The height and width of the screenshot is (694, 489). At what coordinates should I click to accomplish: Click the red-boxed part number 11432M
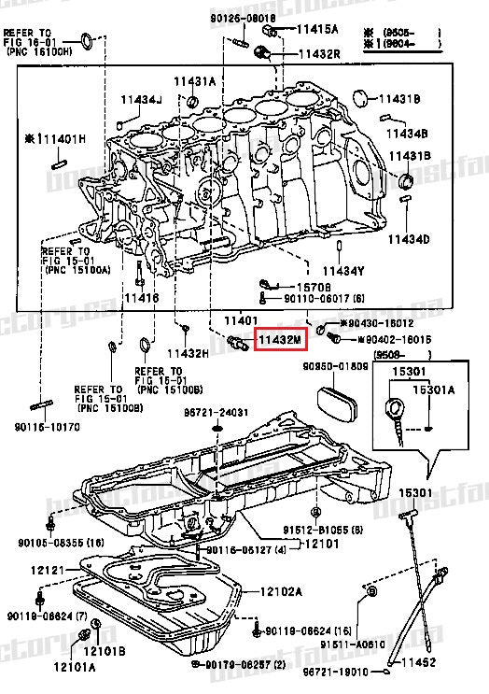(281, 341)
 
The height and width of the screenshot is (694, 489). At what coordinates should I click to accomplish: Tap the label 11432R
(319, 54)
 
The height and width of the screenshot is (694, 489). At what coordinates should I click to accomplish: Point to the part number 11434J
(140, 99)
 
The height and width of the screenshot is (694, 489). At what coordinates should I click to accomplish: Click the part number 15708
(313, 286)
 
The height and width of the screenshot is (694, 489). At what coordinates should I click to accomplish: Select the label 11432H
(188, 354)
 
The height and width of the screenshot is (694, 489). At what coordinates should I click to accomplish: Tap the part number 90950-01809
(335, 365)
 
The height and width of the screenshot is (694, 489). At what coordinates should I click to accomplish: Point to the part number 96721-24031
(216, 412)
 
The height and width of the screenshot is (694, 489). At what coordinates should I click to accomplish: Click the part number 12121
(46, 569)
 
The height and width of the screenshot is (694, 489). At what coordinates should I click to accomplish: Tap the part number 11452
(418, 662)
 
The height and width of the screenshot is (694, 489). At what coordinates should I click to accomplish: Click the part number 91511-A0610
(352, 644)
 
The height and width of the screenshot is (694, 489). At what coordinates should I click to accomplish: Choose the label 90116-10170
(48, 427)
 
